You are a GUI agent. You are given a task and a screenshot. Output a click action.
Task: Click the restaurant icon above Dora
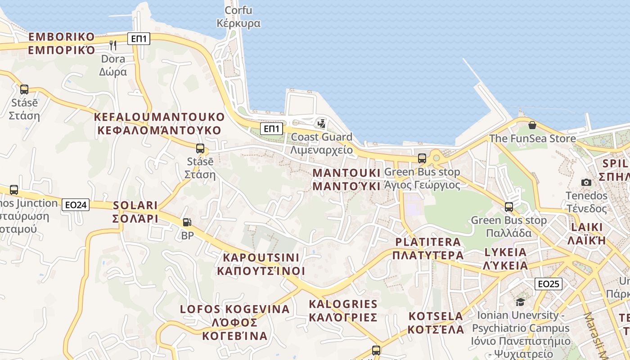pos(113,45)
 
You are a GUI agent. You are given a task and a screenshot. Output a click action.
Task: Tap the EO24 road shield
pos(76,205)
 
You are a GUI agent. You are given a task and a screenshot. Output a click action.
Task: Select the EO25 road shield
pos(549,284)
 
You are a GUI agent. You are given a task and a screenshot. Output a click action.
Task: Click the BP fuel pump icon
pos(187,222)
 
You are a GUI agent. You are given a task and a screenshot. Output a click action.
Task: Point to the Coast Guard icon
pos(321,123)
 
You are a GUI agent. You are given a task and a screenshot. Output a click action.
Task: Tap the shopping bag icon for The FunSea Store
pos(532,125)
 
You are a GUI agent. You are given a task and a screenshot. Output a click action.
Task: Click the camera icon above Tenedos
pos(586,182)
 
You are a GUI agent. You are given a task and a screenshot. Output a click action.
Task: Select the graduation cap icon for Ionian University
pos(520,302)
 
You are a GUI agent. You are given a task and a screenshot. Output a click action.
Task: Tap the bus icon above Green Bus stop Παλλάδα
pos(508,207)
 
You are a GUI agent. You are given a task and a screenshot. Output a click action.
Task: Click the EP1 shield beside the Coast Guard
pos(272,129)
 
